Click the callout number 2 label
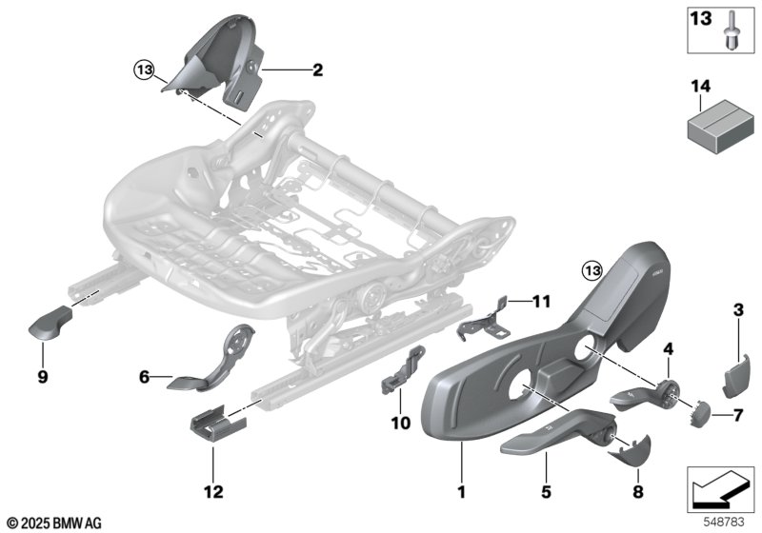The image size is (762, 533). (317, 70)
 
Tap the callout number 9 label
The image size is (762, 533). (43, 376)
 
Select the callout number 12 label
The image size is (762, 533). (213, 492)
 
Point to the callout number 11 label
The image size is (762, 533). (541, 302)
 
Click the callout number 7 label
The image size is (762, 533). (738, 416)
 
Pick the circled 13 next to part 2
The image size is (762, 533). (145, 70)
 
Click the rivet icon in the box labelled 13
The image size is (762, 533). (731, 30)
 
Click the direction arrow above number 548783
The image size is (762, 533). (720, 489)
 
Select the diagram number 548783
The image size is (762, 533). (724, 522)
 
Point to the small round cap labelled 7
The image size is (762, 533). (699, 414)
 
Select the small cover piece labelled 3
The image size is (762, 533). (734, 376)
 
